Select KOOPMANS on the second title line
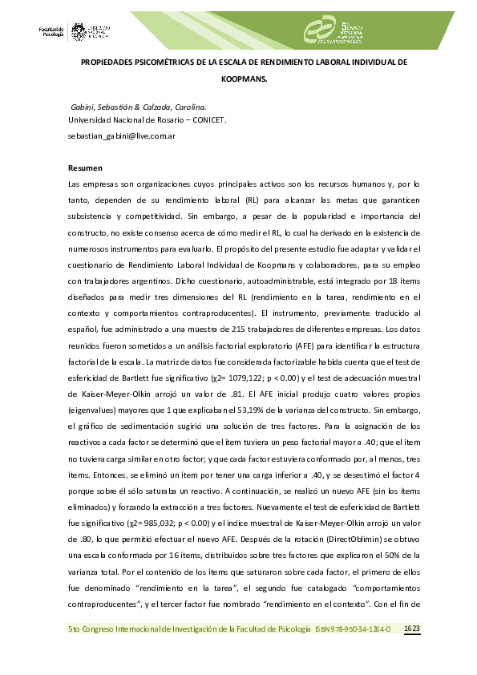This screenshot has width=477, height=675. tap(244, 80)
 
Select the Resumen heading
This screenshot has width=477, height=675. tap(85, 168)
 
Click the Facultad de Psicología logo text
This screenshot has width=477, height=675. tap(51, 30)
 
